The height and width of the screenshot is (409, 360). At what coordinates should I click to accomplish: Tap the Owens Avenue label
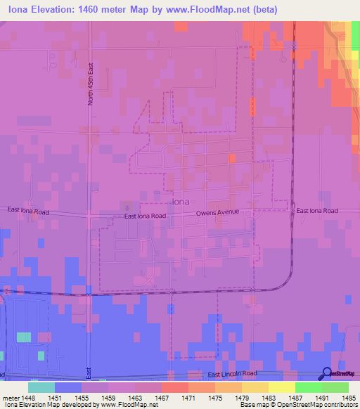218,212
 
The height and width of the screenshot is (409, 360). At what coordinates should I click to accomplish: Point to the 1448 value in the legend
27,398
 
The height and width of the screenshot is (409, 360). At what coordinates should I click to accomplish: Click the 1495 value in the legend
348,398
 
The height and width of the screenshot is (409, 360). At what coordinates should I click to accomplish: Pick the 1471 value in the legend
187,398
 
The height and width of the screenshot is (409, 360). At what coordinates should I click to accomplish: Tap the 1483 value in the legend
268,398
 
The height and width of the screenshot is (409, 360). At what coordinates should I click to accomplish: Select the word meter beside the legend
11,398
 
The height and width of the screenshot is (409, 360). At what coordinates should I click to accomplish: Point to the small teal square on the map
24,337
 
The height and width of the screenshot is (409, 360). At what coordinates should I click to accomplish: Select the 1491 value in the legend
321,398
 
